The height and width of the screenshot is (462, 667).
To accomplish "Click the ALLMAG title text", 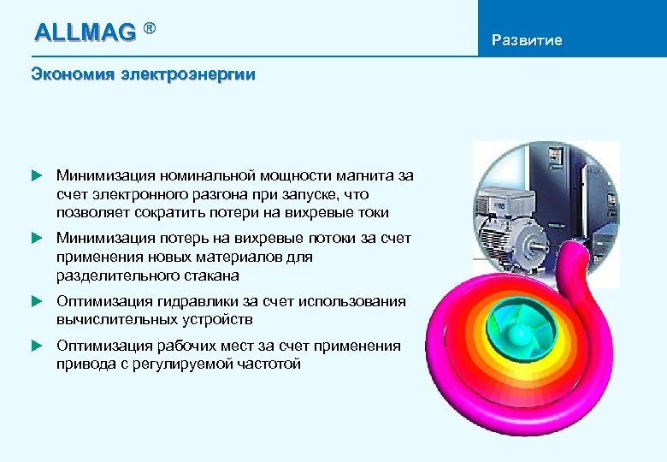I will pos(85,33).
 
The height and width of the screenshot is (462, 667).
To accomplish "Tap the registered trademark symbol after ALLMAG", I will pos(150,29).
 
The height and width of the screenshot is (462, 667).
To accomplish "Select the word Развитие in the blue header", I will pos(528,40).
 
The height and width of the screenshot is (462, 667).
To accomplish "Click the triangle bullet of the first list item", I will pos(36,175).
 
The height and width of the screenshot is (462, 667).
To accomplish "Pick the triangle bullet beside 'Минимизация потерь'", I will pos(36,238).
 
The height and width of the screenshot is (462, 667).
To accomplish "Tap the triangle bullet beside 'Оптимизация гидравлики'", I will pos(36,301).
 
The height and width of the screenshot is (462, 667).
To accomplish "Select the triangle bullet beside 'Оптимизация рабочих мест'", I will pos(36,346).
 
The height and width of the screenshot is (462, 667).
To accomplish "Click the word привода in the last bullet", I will pos(85,364).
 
